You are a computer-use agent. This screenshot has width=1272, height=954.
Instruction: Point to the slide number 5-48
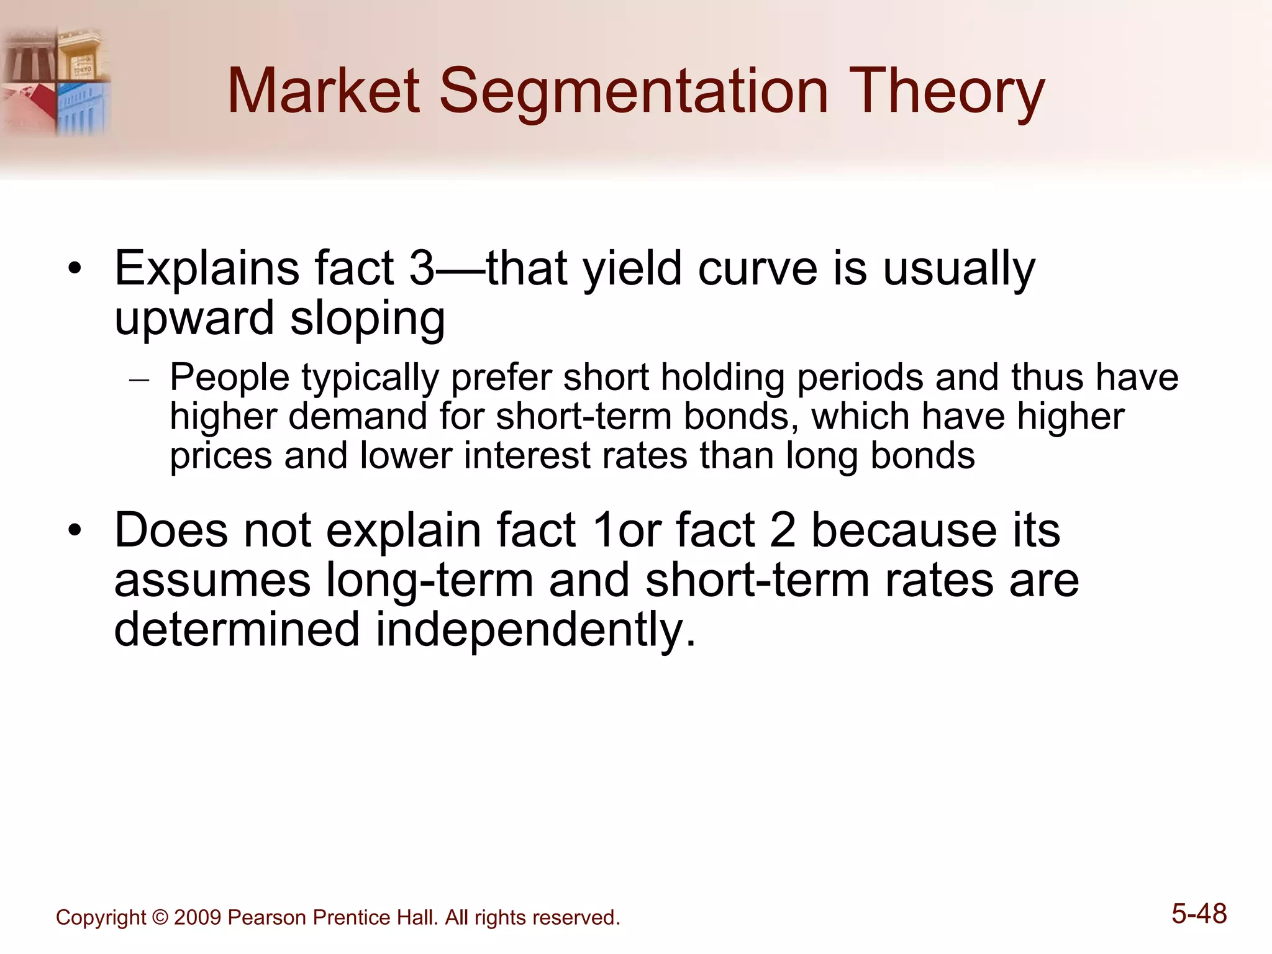[1199, 914]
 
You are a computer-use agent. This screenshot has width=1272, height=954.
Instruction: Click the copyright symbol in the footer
[160, 918]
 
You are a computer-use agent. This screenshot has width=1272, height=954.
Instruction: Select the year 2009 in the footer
[198, 918]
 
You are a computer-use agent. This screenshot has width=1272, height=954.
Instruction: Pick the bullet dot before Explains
[75, 270]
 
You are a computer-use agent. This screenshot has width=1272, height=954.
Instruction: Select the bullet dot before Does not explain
[75, 532]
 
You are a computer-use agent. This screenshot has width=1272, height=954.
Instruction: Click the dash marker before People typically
[139, 379]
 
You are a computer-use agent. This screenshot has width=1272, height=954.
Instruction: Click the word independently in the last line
[535, 629]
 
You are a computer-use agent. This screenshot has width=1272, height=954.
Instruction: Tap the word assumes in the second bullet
[212, 580]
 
